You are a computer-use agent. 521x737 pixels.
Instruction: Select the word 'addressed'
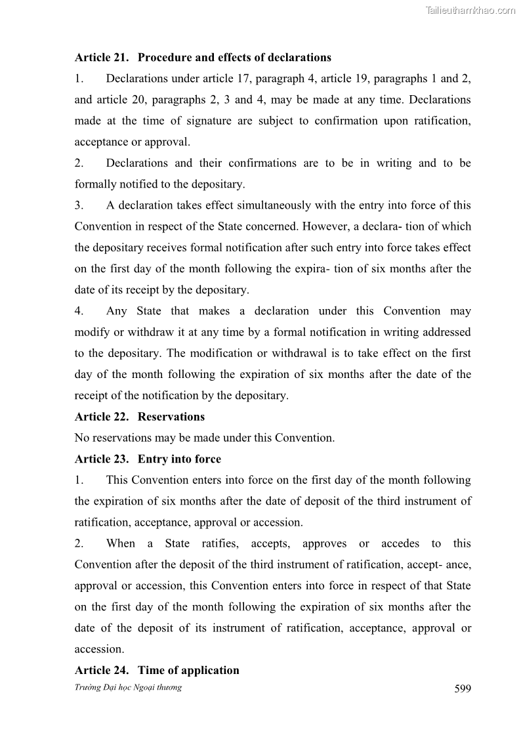pos(446,332)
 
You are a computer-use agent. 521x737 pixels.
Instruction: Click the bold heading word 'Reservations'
pos(171,417)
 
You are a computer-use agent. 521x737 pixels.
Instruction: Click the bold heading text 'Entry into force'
pos(179,459)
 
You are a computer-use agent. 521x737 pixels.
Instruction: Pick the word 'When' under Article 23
pos(121,543)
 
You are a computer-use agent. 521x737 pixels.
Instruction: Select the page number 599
pos(463,688)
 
